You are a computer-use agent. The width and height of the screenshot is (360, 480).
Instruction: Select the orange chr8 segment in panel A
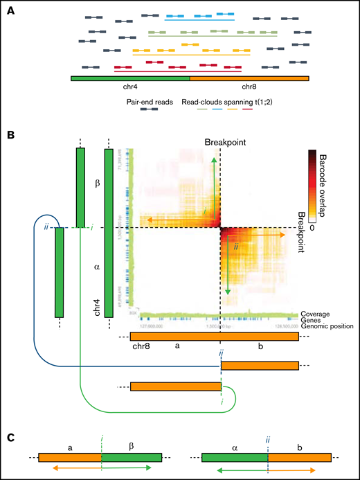pos(249,78)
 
